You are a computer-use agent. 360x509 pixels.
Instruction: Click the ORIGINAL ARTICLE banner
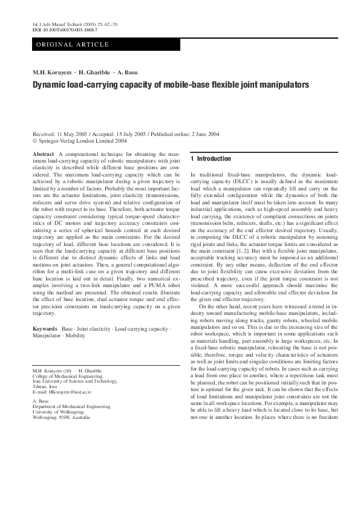click(x=73, y=44)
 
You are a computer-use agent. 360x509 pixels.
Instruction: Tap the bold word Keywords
click(x=45, y=329)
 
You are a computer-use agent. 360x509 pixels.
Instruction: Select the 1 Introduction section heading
click(x=211, y=159)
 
